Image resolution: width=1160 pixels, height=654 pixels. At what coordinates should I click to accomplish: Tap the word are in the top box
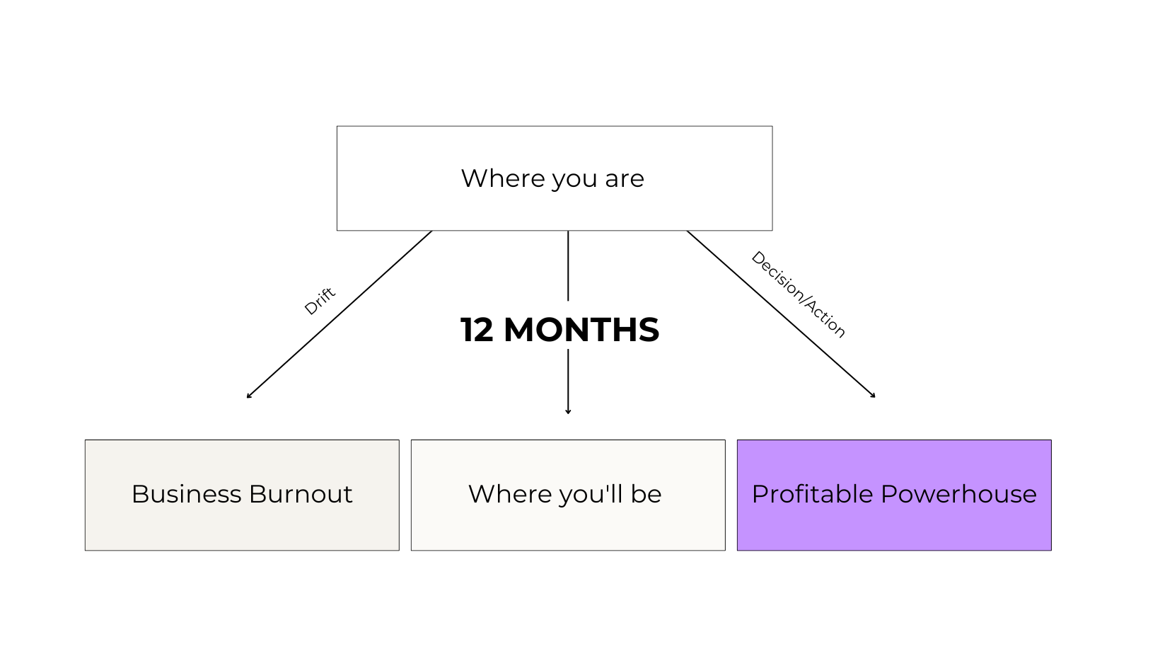[625, 178]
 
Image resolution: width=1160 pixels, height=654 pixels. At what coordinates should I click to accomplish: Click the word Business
[186, 494]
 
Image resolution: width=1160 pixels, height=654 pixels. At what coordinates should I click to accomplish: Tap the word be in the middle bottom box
[646, 494]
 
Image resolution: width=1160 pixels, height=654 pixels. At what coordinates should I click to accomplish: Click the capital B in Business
[139, 494]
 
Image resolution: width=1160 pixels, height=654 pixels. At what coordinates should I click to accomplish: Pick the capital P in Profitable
[758, 494]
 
